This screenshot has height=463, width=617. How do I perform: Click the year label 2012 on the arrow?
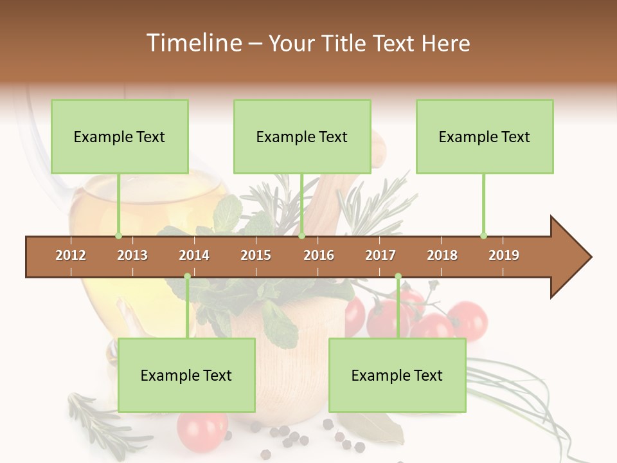[x=71, y=255]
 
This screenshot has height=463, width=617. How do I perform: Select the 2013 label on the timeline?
[x=132, y=255]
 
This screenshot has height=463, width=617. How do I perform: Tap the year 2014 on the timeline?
[x=194, y=255]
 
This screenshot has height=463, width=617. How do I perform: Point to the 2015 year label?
[x=256, y=255]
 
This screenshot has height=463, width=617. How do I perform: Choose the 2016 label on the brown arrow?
[x=319, y=255]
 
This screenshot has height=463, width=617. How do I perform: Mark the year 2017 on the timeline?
[x=380, y=255]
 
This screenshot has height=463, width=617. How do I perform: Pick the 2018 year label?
[x=442, y=255]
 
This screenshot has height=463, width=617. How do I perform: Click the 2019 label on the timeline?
[x=504, y=255]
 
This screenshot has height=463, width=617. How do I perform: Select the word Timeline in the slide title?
[x=193, y=43]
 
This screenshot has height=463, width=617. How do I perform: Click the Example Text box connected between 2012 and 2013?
[x=120, y=137]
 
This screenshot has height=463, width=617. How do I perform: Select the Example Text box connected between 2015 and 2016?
[x=302, y=137]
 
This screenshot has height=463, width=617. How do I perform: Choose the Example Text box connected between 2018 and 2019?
[x=485, y=137]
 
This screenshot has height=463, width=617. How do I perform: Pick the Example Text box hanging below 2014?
[x=186, y=376]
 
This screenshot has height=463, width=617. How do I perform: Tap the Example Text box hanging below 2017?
[x=397, y=376]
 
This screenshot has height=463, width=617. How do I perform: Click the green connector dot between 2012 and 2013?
[x=118, y=236]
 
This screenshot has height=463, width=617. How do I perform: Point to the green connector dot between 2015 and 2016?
[x=301, y=236]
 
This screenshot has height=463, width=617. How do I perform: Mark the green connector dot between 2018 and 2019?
[x=483, y=236]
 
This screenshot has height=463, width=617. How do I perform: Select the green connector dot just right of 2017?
[x=398, y=277]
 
